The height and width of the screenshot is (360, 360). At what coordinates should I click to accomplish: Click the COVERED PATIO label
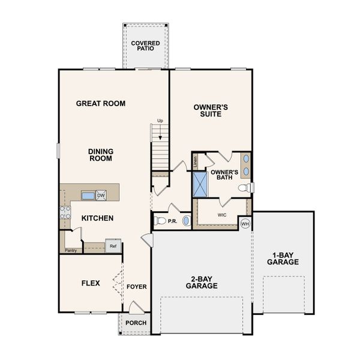click(x=145, y=46)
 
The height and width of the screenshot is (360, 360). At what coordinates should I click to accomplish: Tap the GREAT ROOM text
click(x=101, y=103)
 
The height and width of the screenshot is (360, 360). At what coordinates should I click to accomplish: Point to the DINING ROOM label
click(x=101, y=155)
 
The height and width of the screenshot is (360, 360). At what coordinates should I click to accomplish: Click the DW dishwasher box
click(x=101, y=195)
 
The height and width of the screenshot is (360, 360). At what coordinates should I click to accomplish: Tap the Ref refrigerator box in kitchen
click(x=112, y=245)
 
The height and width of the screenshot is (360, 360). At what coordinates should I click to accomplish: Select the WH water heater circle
click(x=245, y=224)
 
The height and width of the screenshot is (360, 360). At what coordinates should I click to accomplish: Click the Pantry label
click(x=71, y=250)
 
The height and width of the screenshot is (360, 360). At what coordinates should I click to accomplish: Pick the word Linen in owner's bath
click(x=196, y=161)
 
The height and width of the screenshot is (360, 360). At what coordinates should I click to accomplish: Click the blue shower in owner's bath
click(x=200, y=184)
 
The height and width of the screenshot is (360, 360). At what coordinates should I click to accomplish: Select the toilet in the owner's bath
click(x=245, y=188)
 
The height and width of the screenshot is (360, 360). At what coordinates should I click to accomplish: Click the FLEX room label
click(x=90, y=283)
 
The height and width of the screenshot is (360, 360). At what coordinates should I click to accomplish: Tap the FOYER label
click(x=137, y=287)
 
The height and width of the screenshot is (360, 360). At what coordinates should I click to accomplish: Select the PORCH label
click(x=135, y=323)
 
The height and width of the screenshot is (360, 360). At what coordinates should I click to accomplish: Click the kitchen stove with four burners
click(x=65, y=212)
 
